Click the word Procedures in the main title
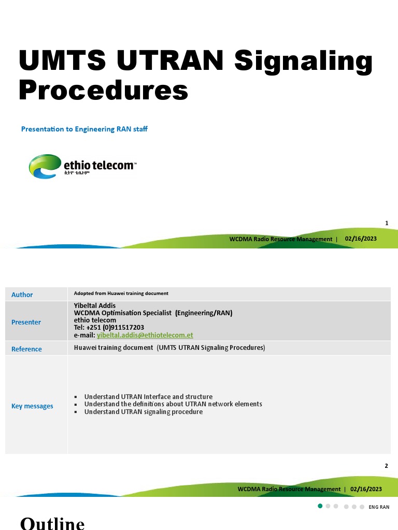coord(103,90)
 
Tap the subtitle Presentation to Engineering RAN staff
coord(84,129)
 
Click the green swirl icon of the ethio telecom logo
coord(45,166)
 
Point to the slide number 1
coord(387,223)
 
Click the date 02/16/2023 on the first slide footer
coord(361,239)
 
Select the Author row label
coord(22,295)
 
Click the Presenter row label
coord(26,322)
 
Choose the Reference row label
coord(26,349)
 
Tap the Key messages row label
coord(32,406)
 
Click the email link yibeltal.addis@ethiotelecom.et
coord(145,335)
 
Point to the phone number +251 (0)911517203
coord(115,328)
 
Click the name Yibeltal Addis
coord(95,305)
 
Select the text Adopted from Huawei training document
coord(121,293)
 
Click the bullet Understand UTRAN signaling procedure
coord(143,412)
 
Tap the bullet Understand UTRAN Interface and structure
coord(148,397)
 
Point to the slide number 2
coord(386,466)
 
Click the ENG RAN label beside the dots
coord(379,507)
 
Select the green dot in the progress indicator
coord(320,506)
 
